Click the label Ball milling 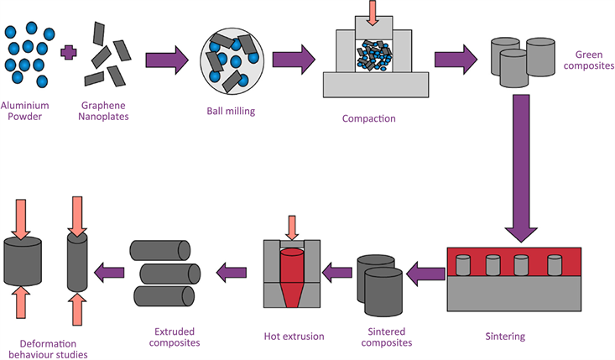tap(232, 111)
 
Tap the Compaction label tap(368, 118)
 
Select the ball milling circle tap(232, 60)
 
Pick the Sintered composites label tap(384, 337)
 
